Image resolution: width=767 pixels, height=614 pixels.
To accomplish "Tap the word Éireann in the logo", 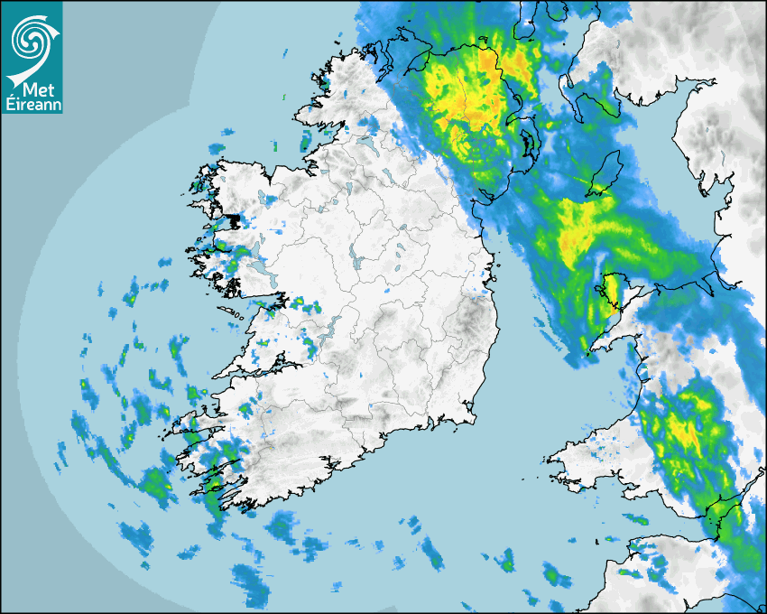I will pyautogui.click(x=32, y=104).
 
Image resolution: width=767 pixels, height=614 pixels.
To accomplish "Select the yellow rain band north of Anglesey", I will pyautogui.click(x=578, y=230).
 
